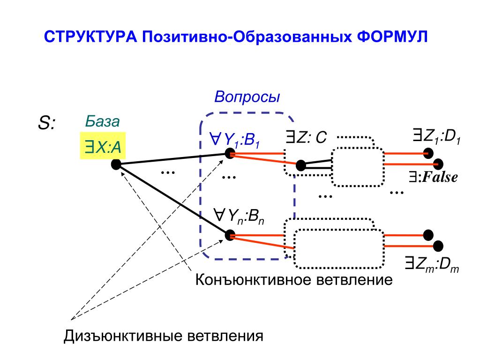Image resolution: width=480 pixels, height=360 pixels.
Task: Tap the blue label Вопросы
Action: [x=247, y=97]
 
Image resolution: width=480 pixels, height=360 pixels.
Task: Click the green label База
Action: [x=102, y=121]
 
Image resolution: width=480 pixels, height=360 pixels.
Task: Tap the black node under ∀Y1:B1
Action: [x=230, y=153]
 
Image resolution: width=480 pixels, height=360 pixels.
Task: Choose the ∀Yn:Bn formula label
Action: [x=239, y=217]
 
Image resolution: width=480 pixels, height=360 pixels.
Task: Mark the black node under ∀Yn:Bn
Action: [x=230, y=235]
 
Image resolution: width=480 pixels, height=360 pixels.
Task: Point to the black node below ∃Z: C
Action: [x=301, y=165]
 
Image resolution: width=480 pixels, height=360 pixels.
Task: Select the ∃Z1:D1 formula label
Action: [x=437, y=137]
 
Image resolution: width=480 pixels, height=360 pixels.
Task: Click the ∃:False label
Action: [x=432, y=178]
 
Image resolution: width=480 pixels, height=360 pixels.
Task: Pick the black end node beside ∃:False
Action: [x=439, y=164]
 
